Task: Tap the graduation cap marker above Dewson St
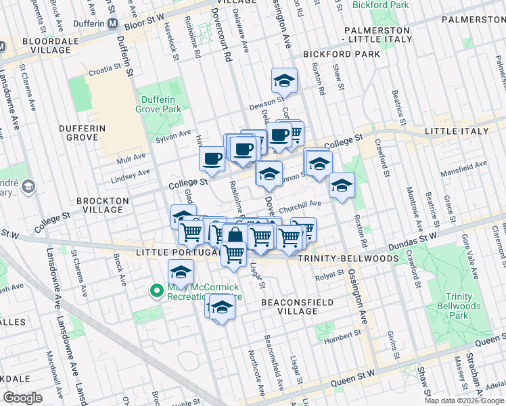coord(285,81)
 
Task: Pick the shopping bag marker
coord(235,238)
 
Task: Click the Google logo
coord(24,398)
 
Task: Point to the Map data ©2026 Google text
coord(464,401)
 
